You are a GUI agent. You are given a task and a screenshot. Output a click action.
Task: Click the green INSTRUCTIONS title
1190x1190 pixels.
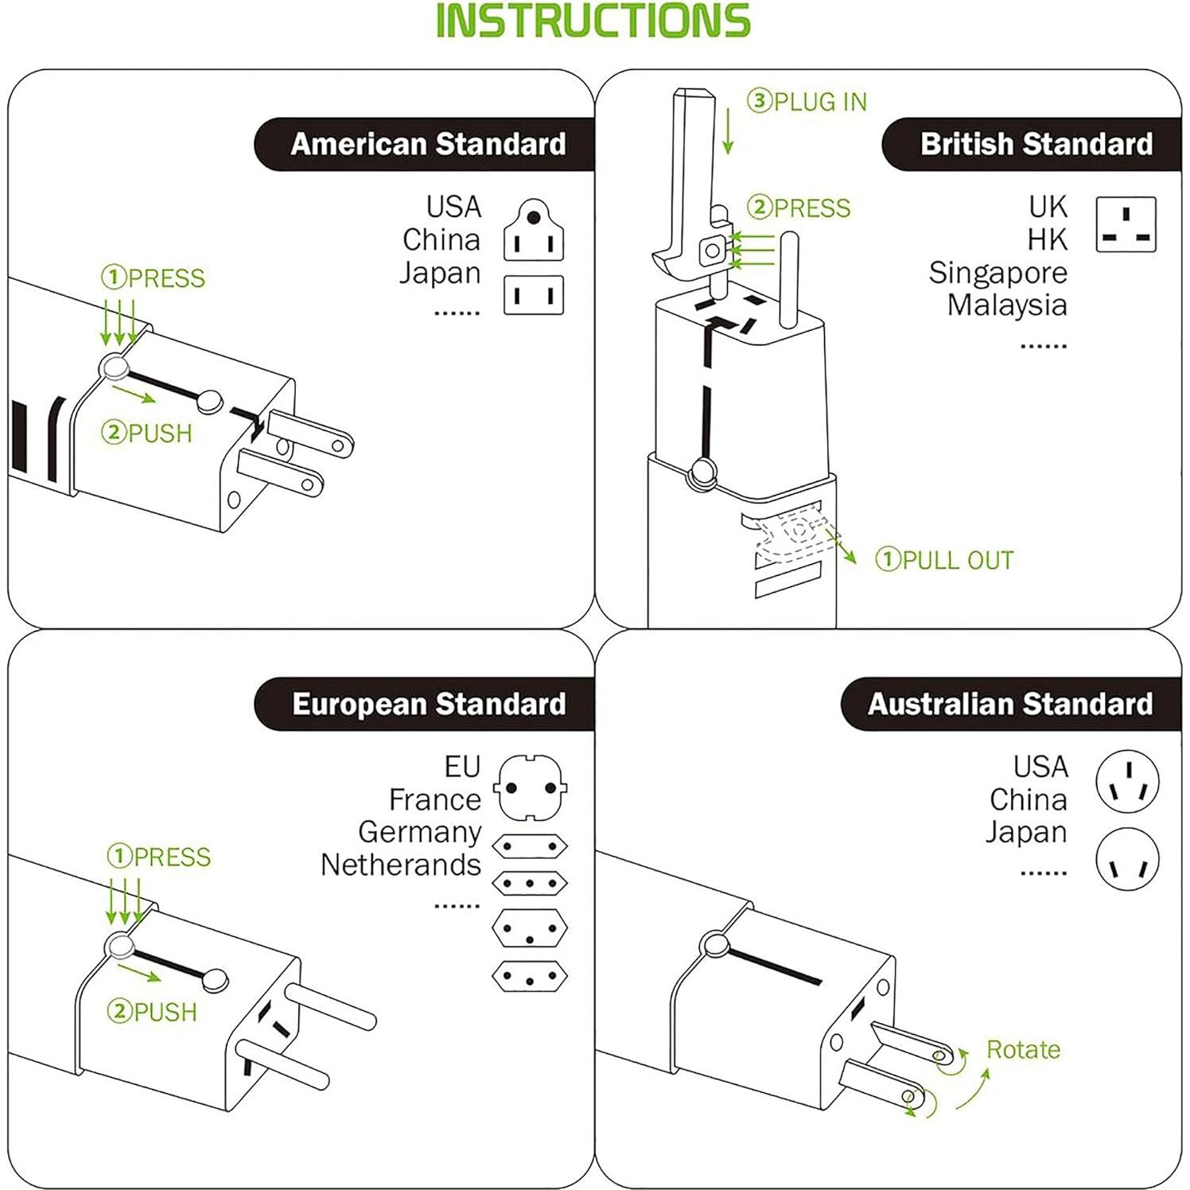593,21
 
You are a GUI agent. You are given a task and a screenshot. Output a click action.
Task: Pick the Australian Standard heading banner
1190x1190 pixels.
1009,705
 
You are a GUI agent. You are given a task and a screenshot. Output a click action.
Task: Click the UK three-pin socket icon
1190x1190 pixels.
1126,225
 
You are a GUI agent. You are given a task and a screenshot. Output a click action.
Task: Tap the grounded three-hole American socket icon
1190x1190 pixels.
534,231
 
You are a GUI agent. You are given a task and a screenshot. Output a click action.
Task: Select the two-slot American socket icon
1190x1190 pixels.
534,296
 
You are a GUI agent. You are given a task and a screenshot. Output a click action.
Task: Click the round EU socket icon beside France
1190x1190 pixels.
531,787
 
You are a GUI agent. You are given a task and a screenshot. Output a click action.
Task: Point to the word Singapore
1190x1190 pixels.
997,273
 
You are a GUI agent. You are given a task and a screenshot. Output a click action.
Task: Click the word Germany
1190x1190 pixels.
419,832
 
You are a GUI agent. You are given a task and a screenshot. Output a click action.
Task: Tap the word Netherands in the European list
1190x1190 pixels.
400,865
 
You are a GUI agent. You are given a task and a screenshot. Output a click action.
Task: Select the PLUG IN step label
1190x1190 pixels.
807,102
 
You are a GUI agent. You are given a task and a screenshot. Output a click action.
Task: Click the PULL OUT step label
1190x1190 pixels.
944,560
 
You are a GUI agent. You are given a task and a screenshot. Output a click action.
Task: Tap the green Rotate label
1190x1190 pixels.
1023,1050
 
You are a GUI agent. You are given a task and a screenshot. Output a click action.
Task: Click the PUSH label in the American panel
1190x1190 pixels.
147,434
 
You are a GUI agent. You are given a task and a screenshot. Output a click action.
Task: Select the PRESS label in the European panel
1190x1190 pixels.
159,857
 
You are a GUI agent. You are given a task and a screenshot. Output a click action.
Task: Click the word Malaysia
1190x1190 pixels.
1007,305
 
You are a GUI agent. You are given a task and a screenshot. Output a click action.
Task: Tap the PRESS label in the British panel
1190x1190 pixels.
799,208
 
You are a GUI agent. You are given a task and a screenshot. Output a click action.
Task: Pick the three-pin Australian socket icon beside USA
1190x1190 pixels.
1127,781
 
